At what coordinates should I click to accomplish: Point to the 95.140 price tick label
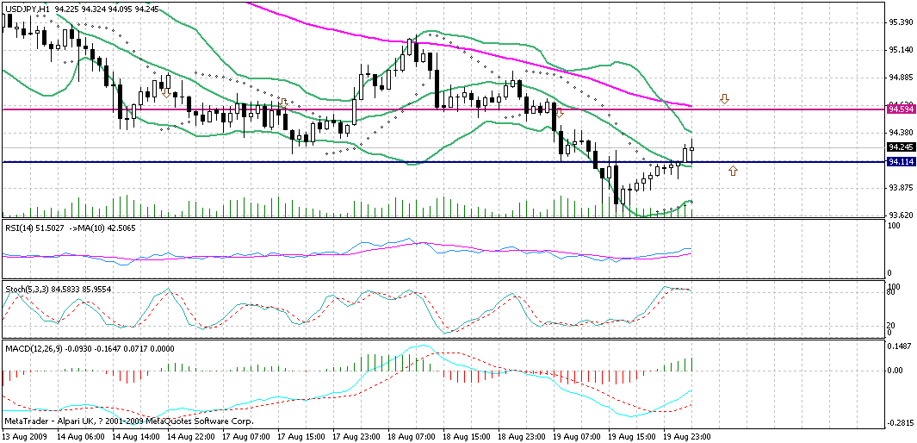[901, 49]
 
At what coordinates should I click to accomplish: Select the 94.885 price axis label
[901, 77]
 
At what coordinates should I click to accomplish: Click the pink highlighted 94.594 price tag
[901, 109]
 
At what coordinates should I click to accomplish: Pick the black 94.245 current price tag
[901, 147]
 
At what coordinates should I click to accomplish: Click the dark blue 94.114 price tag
[901, 161]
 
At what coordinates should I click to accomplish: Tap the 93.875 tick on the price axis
[901, 187]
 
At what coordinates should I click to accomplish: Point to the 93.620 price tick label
[901, 215]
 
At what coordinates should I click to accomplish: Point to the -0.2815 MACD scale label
[901, 423]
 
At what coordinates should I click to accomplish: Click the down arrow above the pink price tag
[724, 99]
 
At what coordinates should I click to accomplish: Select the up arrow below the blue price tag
[733, 171]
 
